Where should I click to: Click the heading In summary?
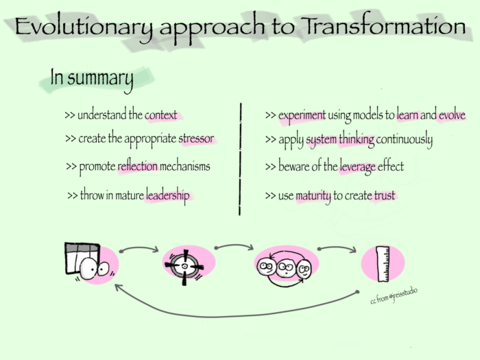pyautogui.click(x=91, y=79)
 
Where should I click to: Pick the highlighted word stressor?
pyautogui.click(x=196, y=139)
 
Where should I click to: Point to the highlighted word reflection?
pyautogui.click(x=137, y=167)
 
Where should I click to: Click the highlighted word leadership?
pyautogui.click(x=167, y=196)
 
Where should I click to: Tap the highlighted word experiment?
pyautogui.click(x=302, y=115)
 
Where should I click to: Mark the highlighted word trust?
pyautogui.click(x=384, y=197)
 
